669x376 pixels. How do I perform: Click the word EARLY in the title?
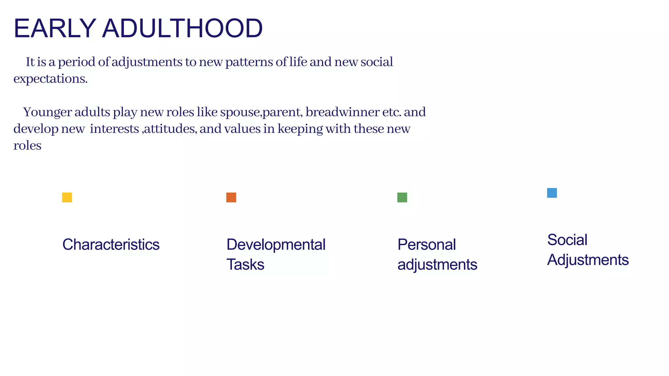[x=55, y=28]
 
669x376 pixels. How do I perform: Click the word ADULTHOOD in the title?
[x=182, y=28]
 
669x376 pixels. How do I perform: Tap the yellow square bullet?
[x=67, y=197]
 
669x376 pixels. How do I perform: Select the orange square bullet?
[x=231, y=197]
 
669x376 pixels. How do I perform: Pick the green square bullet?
[x=402, y=197]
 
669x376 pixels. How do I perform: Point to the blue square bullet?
[x=552, y=193]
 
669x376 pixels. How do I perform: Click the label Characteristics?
[x=111, y=244]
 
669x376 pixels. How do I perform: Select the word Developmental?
[x=276, y=244]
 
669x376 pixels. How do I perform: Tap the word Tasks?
[x=245, y=264]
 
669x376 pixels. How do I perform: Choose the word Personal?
[x=426, y=244]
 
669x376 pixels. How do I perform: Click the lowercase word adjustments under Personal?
[x=437, y=264]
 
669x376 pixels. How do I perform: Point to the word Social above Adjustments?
[x=567, y=240]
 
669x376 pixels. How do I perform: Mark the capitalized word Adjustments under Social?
[x=588, y=260]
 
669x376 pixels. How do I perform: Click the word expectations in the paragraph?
[x=50, y=79]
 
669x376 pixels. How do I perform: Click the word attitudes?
[x=170, y=129]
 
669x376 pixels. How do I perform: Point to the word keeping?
[x=300, y=129]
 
